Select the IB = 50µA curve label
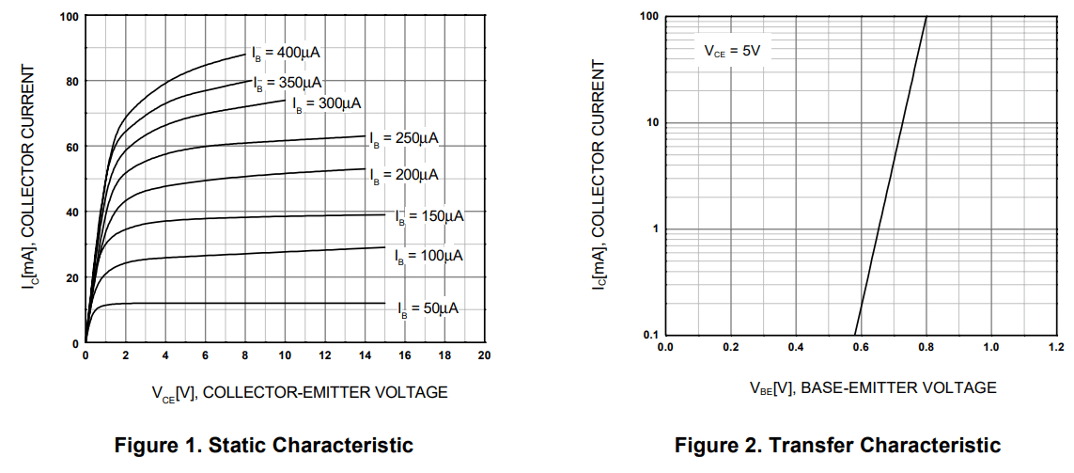(x=428, y=308)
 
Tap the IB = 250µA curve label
(x=404, y=138)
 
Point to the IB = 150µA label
(x=429, y=216)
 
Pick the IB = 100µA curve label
(x=428, y=256)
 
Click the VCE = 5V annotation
(x=733, y=51)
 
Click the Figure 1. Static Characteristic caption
(x=263, y=445)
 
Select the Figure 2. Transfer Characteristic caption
(x=837, y=445)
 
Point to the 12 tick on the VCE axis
(x=325, y=355)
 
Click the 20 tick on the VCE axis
(x=484, y=355)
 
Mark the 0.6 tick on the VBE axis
(x=861, y=347)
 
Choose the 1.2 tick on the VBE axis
(x=1056, y=347)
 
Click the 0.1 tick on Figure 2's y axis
(x=647, y=335)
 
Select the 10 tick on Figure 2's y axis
(x=647, y=123)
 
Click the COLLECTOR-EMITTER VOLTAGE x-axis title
(x=300, y=392)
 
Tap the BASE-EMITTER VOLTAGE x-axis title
(x=872, y=386)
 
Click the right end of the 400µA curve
(x=245, y=55)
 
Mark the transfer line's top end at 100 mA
(x=926, y=17)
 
